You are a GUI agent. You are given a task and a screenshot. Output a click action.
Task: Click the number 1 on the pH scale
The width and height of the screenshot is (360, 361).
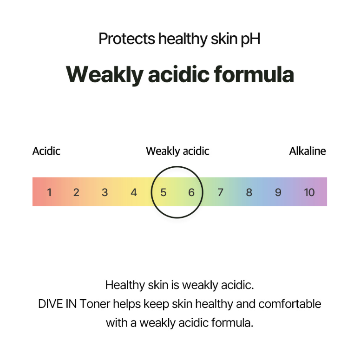49,192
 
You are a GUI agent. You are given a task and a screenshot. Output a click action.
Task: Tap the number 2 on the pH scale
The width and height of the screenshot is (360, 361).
76,192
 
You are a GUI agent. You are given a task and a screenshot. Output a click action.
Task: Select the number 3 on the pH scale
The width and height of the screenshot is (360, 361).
105,192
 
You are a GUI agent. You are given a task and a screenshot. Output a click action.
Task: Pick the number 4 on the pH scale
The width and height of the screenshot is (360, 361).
134,192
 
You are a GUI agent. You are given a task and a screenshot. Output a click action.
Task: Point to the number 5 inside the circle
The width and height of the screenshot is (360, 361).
163,192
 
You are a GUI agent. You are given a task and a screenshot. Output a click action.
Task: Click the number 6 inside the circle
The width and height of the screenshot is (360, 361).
191,192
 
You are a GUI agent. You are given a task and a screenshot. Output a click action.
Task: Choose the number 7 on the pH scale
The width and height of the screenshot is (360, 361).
220,192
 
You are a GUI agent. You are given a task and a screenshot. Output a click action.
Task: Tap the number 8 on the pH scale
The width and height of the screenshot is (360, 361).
249,192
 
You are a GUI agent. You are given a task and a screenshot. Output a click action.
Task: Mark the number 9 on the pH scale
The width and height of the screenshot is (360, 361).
278,192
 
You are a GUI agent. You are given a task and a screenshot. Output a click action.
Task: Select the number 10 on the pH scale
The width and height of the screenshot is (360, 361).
309,192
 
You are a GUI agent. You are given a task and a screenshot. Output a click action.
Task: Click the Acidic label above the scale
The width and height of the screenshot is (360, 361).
46,151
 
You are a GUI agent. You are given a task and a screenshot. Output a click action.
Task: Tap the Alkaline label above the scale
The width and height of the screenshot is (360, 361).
308,151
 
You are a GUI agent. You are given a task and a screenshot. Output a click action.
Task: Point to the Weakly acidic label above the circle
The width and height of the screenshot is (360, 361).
177,151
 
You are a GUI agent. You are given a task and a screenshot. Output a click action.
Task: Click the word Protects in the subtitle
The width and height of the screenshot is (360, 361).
127,39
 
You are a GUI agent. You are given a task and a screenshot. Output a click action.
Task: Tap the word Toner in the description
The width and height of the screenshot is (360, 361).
95,304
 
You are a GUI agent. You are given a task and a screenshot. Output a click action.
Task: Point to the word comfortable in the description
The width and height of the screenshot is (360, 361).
290,304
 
